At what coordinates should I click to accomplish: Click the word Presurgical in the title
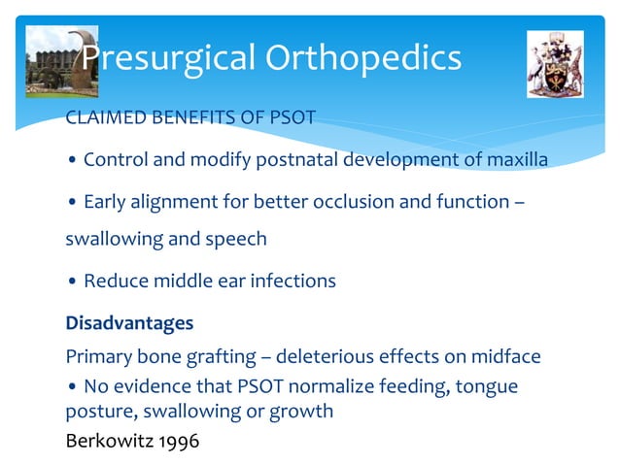click(x=160, y=58)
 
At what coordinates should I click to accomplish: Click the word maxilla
click(x=516, y=159)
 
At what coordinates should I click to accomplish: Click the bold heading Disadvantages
click(x=129, y=322)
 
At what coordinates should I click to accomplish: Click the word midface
click(x=505, y=356)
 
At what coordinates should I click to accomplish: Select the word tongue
click(x=483, y=386)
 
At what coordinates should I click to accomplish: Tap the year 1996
click(x=179, y=441)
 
